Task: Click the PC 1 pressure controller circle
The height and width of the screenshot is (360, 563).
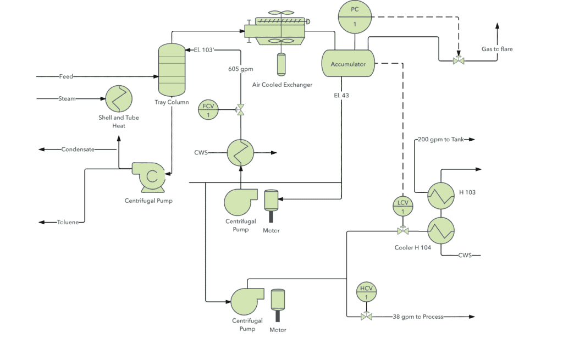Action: pyautogui.click(x=354, y=16)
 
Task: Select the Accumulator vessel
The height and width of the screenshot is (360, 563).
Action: pyautogui.click(x=348, y=64)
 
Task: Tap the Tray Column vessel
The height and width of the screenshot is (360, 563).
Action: pyautogui.click(x=172, y=69)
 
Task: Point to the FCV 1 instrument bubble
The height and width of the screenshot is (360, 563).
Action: pyautogui.click(x=208, y=110)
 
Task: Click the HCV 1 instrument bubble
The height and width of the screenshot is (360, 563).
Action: pyautogui.click(x=366, y=292)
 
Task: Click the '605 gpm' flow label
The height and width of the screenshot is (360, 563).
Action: pyautogui.click(x=241, y=69)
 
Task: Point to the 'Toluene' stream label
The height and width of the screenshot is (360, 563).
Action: pyautogui.click(x=68, y=222)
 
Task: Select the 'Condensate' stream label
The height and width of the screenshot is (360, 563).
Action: pyautogui.click(x=78, y=149)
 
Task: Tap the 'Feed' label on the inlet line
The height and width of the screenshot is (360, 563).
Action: pyautogui.click(x=66, y=76)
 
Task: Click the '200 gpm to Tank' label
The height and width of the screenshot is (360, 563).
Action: pyautogui.click(x=441, y=140)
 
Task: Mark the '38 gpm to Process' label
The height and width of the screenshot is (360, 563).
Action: pyautogui.click(x=418, y=317)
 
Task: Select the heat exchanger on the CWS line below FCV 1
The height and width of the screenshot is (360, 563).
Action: pyautogui.click(x=241, y=152)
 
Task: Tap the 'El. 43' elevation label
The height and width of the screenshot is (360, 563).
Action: pyautogui.click(x=341, y=95)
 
